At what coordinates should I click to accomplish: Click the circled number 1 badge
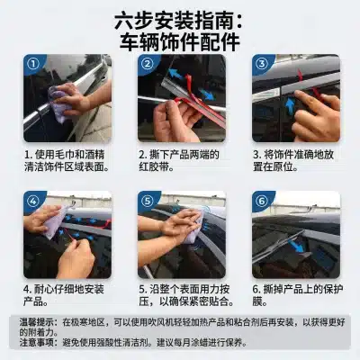[33, 64]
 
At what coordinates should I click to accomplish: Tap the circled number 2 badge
[148, 64]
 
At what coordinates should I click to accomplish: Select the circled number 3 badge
[262, 64]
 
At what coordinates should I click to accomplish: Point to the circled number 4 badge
[33, 201]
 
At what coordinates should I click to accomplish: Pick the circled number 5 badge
[148, 201]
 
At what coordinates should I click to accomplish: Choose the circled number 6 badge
[262, 201]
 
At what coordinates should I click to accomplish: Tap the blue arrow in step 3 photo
[290, 106]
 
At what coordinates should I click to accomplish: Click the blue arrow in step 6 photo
[297, 245]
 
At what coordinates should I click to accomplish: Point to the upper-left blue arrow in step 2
[176, 74]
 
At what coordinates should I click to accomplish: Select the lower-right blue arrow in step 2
[207, 94]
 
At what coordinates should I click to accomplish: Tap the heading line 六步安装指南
[179, 20]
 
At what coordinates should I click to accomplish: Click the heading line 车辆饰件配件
[180, 42]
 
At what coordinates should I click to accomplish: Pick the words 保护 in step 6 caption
[333, 289]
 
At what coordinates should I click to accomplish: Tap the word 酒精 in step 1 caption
[94, 155]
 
